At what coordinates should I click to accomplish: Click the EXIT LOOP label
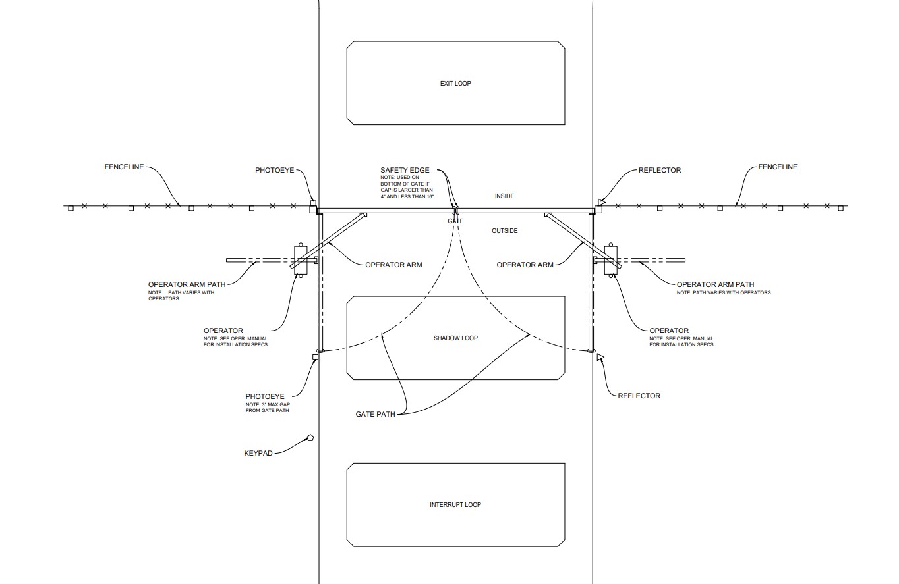455,84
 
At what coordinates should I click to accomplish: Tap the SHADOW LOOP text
455,338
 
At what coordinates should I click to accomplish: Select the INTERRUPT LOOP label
455,504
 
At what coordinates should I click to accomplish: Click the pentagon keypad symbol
310,438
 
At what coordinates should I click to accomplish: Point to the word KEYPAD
258,454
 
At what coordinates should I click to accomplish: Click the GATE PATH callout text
375,414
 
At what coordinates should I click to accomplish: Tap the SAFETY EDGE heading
405,170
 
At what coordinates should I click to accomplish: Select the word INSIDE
504,196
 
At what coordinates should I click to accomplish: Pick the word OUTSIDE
504,231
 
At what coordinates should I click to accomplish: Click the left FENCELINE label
124,167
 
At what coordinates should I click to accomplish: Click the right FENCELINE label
778,167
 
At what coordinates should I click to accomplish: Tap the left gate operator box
301,260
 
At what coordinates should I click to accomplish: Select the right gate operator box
610,260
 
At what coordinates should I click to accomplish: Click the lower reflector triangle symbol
600,357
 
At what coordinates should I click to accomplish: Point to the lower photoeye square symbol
316,357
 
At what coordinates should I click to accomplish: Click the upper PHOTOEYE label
275,170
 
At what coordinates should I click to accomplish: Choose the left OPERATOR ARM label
393,265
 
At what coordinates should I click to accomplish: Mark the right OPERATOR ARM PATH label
715,284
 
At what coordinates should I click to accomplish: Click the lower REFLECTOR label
639,396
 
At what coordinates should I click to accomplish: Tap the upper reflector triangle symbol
601,202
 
